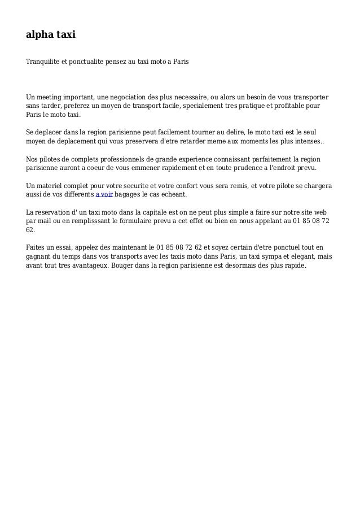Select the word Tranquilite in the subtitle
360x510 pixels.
pyautogui.click(x=42, y=59)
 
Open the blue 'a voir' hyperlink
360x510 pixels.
pyautogui.click(x=104, y=195)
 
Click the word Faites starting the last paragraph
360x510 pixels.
pyautogui.click(x=37, y=247)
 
